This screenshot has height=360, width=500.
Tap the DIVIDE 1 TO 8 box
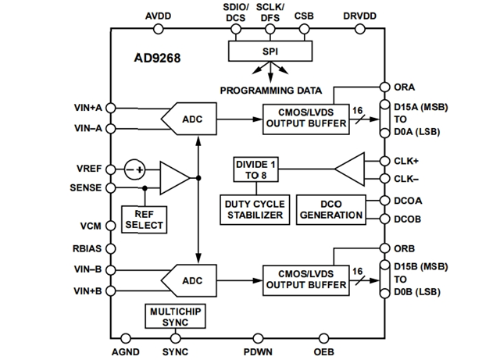[x=256, y=169]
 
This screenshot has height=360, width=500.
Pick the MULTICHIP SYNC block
[x=174, y=315]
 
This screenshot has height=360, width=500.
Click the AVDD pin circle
[x=159, y=29]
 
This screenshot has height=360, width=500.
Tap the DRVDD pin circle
[x=359, y=29]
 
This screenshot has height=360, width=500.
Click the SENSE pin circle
[x=111, y=188]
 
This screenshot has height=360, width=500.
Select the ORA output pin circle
[x=384, y=87]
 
